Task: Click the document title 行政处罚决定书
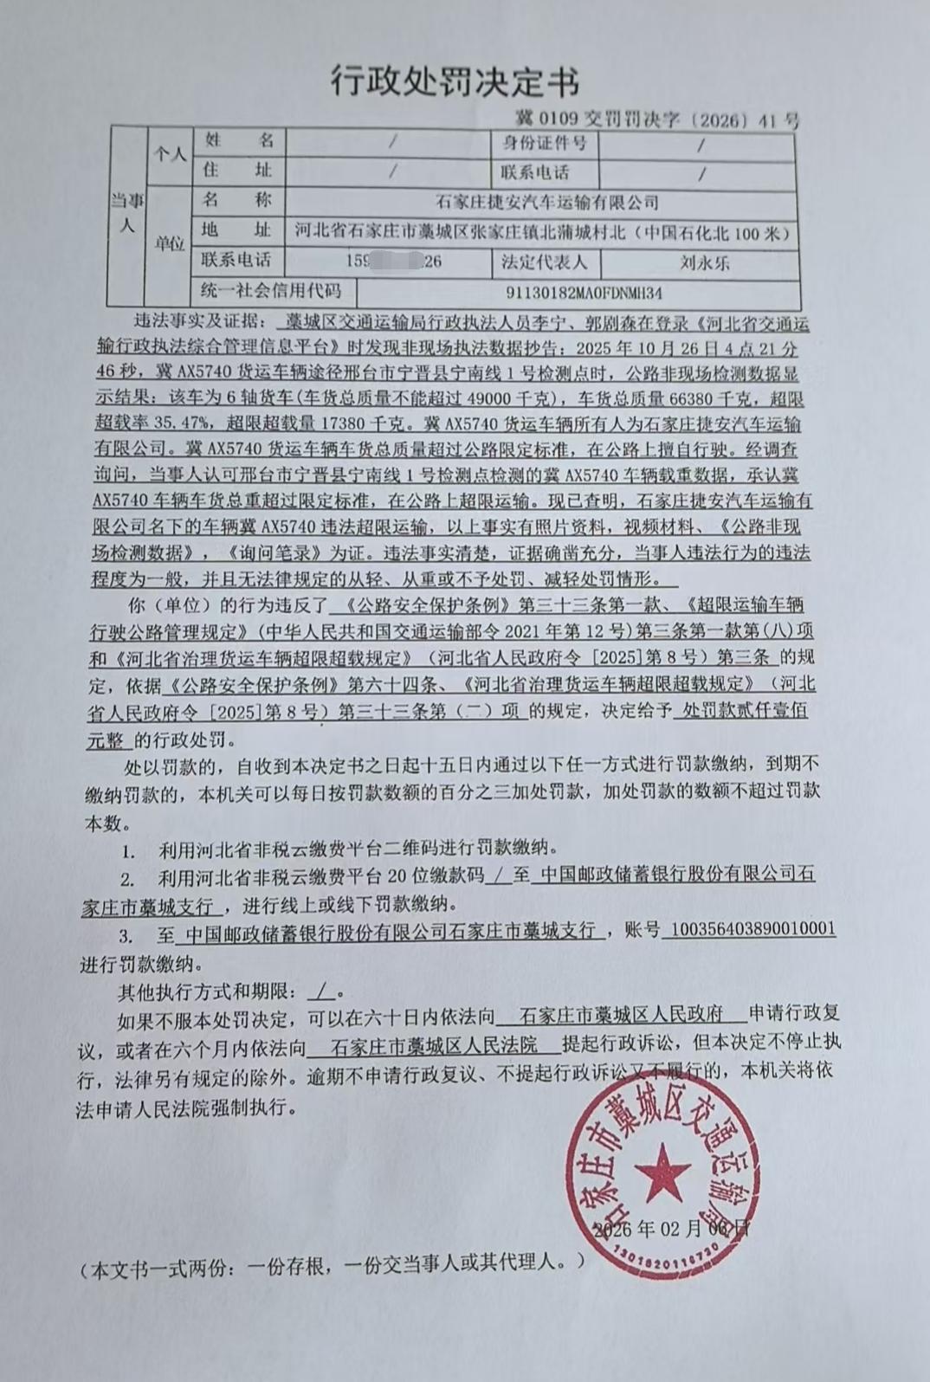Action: point(455,82)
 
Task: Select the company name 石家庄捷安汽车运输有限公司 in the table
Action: point(546,203)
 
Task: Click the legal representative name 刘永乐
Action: point(704,262)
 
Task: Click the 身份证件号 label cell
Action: point(545,143)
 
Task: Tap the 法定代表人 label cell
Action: point(545,262)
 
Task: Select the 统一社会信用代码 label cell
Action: point(270,291)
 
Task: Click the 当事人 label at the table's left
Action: point(127,213)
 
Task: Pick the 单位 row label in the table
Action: point(170,244)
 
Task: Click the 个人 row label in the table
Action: point(170,155)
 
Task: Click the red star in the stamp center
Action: point(662,1172)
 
